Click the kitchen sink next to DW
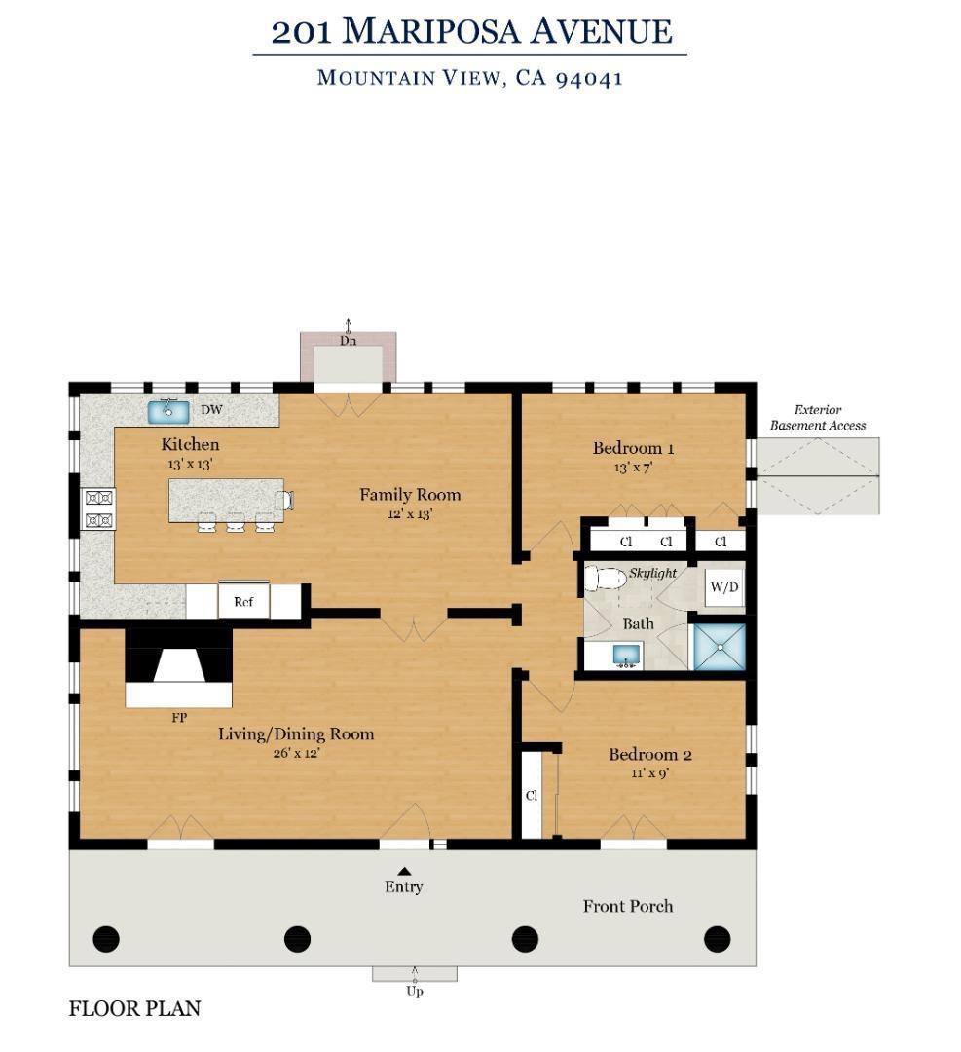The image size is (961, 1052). [x=167, y=411]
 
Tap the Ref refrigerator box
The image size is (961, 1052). [x=243, y=600]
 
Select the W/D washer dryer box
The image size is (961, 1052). [x=724, y=587]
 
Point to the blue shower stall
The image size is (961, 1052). [x=719, y=647]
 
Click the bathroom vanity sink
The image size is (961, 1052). [x=626, y=655]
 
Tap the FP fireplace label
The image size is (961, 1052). [x=179, y=718]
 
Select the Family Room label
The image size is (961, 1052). [x=410, y=495]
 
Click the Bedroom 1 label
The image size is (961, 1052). [x=633, y=448]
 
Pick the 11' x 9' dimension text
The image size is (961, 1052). [x=649, y=772]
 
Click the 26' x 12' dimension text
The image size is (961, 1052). [x=296, y=753]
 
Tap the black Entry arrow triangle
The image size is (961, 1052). [x=404, y=871]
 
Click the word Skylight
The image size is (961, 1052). [x=652, y=573]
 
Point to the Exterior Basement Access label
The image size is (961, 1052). [x=818, y=417]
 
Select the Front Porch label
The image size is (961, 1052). [x=628, y=907]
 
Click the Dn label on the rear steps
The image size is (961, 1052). [x=348, y=341]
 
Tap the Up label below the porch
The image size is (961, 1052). [x=415, y=991]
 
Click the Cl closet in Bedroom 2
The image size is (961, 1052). [x=532, y=796]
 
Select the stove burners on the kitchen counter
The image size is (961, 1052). [x=98, y=508]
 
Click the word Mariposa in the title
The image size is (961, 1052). [x=430, y=31]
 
